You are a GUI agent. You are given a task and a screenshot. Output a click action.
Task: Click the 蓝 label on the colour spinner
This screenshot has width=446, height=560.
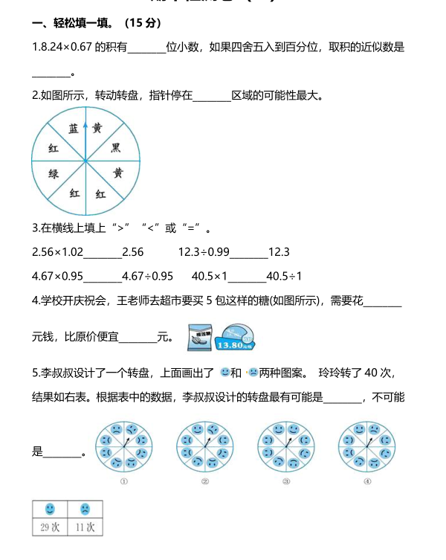73,129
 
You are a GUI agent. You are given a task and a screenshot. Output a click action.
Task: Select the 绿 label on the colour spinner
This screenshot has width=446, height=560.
54,173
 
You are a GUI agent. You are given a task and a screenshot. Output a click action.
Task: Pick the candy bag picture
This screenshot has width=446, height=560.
198,336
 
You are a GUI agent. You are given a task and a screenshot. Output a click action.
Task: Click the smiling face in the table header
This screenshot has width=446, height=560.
50,509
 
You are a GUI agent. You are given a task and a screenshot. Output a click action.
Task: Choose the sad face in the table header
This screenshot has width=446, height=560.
85,509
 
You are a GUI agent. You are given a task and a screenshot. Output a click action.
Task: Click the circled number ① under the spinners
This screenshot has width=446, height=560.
124,481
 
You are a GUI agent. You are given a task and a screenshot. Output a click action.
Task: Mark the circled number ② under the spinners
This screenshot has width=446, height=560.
204,481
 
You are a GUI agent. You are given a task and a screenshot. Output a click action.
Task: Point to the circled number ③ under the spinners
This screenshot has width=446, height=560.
286,481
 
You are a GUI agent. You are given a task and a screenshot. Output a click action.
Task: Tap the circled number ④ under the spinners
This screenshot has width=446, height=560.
366,481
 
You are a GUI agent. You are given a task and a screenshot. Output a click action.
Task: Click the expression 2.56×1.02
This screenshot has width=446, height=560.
58,252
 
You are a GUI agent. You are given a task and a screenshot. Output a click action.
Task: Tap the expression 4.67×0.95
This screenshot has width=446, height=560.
58,276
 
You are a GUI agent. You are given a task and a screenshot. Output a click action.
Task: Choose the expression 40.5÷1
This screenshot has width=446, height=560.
284,276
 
